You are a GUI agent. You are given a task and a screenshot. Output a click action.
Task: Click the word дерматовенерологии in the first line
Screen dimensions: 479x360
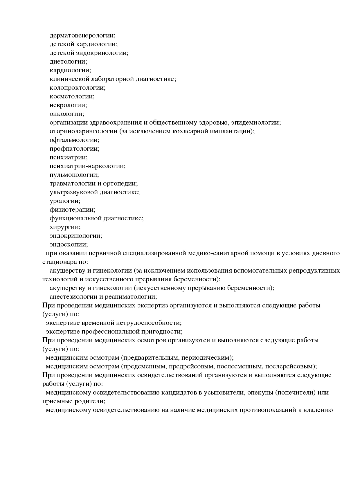[x=82, y=36]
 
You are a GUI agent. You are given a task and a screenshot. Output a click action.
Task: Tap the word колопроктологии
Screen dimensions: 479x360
[x=77, y=88]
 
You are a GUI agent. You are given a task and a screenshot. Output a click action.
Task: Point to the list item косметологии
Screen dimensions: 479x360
[x=72, y=97]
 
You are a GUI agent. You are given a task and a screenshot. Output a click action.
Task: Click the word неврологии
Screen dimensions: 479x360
[x=68, y=105]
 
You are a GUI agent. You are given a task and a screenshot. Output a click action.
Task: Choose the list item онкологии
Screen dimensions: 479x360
[x=66, y=114]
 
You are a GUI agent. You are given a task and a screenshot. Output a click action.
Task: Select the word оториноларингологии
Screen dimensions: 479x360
[x=83, y=132]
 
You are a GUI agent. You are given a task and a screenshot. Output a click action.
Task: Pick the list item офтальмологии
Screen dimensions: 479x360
[x=74, y=140]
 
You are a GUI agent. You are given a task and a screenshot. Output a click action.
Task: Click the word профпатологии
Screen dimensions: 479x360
[x=74, y=149]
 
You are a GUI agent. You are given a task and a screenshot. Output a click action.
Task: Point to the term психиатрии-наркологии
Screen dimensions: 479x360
[x=87, y=166]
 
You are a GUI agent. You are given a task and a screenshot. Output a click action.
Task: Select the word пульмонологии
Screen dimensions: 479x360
[x=74, y=175]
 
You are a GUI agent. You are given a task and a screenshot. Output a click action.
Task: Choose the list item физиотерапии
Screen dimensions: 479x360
[x=72, y=210]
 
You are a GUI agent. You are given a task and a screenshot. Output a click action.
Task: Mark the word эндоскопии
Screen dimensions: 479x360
[x=69, y=245]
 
